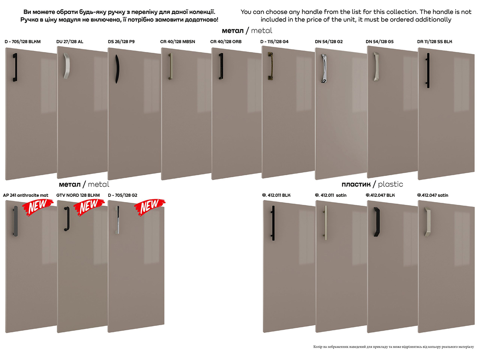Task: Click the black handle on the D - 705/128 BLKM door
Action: (x=15, y=67)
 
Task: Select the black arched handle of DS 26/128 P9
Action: (x=117, y=69)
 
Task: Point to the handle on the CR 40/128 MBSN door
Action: (x=170, y=66)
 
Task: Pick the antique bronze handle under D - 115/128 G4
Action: (x=270, y=66)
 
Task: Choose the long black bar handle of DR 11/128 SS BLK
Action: (x=428, y=70)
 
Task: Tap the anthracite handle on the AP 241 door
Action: (x=15, y=221)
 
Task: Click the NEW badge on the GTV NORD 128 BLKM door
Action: (x=89, y=207)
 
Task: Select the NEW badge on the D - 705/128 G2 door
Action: (x=150, y=207)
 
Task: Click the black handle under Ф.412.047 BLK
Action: (x=376, y=222)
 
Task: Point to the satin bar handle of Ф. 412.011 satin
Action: (x=325, y=222)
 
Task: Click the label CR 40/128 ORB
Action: (x=226, y=42)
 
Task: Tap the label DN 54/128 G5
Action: (x=380, y=42)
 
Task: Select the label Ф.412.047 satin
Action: (x=432, y=195)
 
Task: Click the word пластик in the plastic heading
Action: (x=356, y=184)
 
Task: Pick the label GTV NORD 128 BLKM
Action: (x=78, y=195)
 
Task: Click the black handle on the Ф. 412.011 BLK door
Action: (x=273, y=223)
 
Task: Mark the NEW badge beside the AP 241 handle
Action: (x=38, y=207)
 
